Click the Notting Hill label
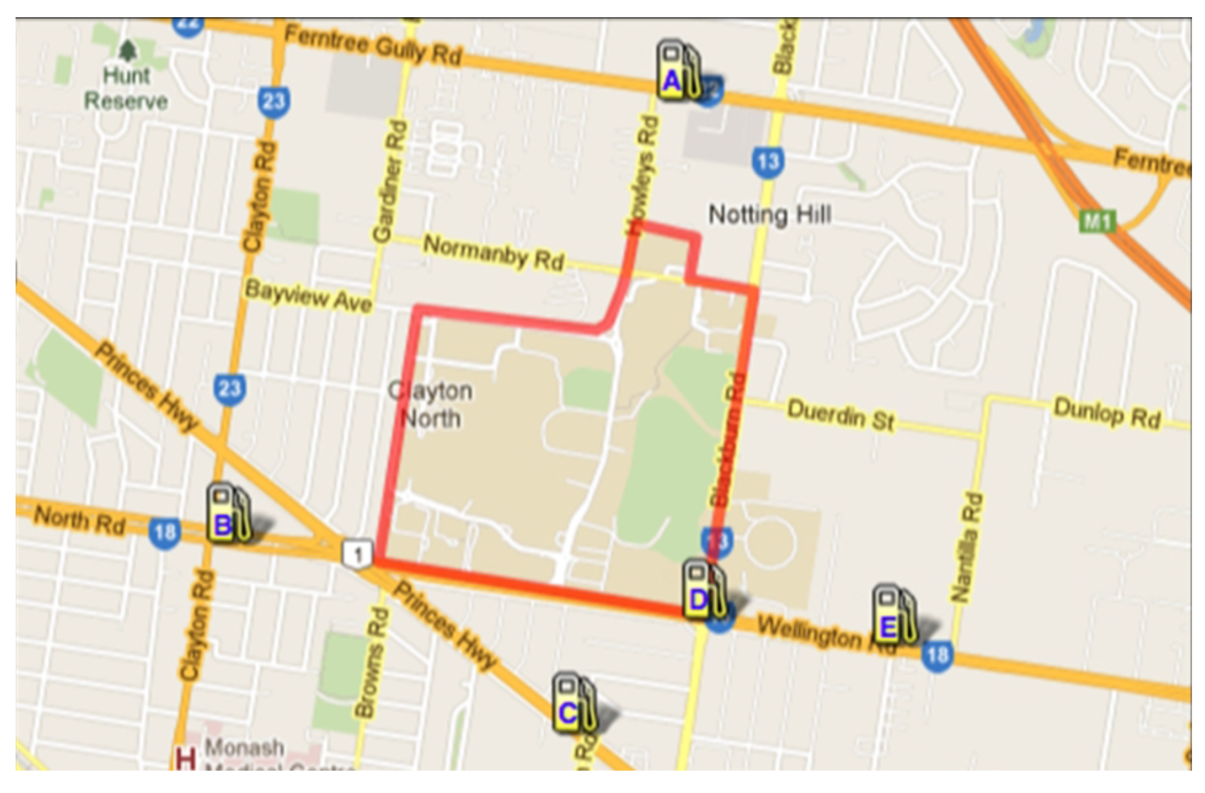coord(769,215)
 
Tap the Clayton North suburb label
coord(431,405)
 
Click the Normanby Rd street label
coord(493,253)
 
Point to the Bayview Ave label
coord(309,296)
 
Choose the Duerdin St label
coord(840,416)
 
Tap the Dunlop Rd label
coord(1106,413)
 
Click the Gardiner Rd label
coord(390,182)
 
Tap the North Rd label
coord(80,521)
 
